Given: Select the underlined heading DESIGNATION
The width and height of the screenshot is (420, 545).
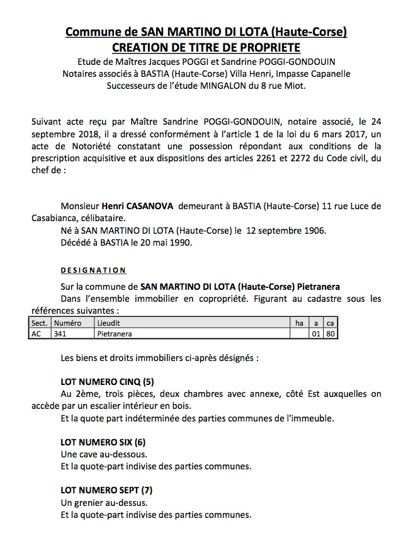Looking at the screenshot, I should (x=93, y=270).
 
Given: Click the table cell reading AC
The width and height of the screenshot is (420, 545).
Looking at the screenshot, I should (x=37, y=333).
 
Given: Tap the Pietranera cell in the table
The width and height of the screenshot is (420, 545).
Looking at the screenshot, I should (x=115, y=333).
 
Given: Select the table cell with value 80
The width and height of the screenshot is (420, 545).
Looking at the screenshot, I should (x=330, y=333).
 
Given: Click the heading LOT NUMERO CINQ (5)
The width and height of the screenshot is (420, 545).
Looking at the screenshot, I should (x=107, y=381).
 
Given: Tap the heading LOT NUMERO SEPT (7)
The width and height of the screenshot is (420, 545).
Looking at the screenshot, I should (x=106, y=490).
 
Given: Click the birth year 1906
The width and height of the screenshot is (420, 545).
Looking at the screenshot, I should (x=315, y=230).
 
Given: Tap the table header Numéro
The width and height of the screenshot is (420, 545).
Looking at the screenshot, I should (x=68, y=323).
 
